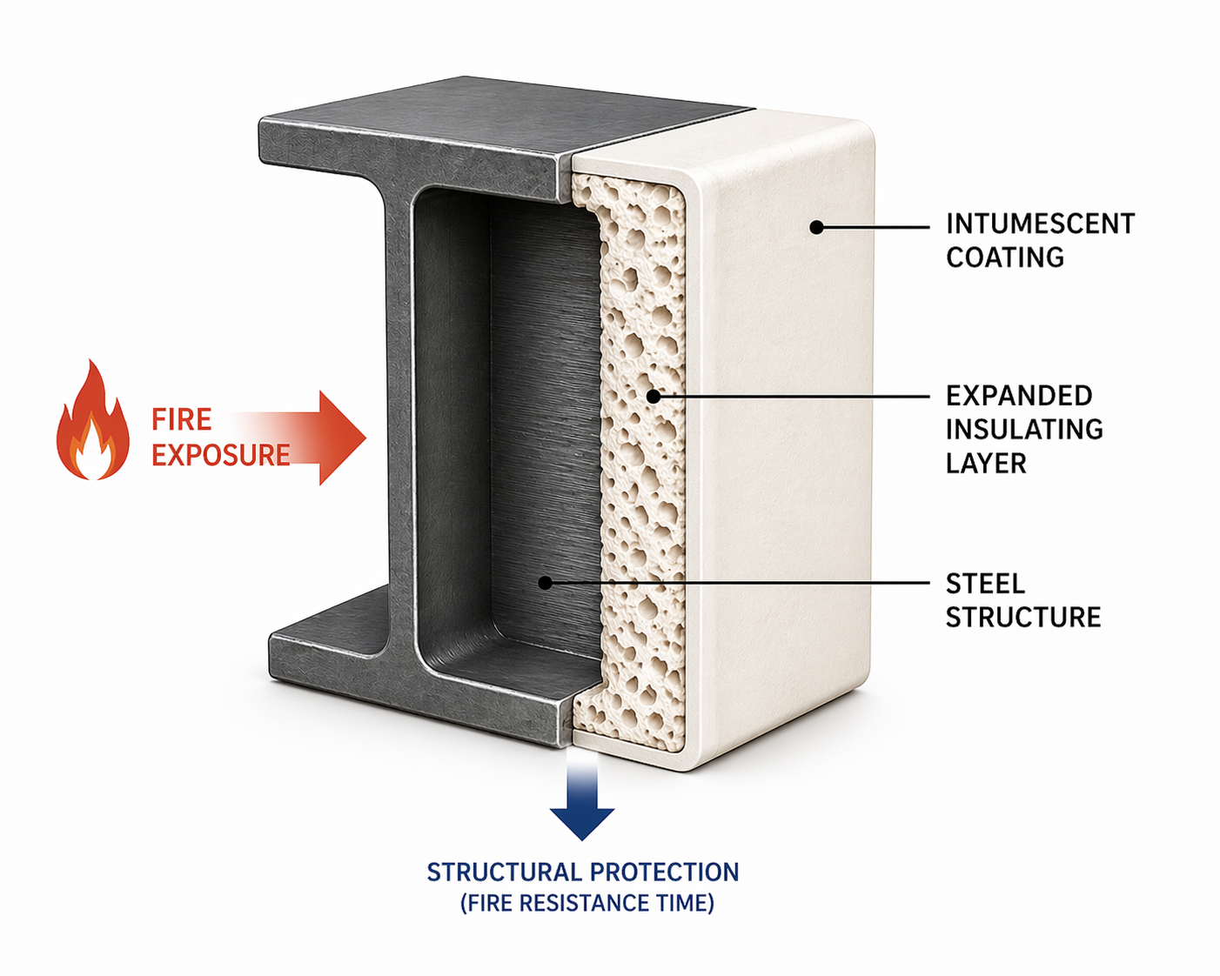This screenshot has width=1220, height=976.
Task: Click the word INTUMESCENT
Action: tap(1040, 224)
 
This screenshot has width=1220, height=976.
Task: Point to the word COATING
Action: tap(1005, 257)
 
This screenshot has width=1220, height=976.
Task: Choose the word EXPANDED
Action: tap(1019, 396)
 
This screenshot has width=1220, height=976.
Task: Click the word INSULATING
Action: tap(1024, 430)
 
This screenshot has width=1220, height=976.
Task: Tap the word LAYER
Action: tap(986, 464)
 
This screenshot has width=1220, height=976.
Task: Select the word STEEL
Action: tap(985, 584)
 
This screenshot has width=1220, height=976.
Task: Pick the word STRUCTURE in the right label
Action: tap(1023, 618)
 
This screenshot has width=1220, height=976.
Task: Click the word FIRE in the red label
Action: tap(182, 420)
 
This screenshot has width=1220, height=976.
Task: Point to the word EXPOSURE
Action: tap(221, 455)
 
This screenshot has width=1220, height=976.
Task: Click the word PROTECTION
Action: tap(664, 872)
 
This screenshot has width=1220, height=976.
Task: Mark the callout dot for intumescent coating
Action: tap(816, 227)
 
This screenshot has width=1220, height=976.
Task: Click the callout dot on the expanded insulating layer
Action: tap(654, 396)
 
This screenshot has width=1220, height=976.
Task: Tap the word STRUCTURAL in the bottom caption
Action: tap(504, 872)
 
